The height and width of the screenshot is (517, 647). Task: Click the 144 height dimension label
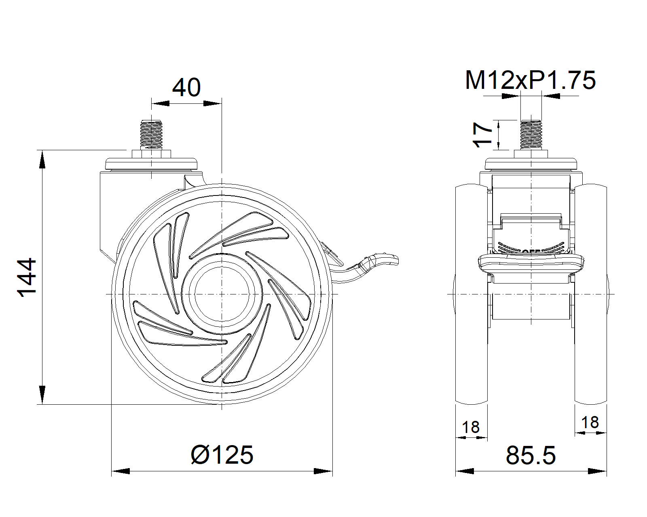[27, 277]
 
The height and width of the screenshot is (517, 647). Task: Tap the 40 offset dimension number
[186, 87]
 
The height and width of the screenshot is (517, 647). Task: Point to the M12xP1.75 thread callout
[531, 80]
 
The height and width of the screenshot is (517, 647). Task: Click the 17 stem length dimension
[482, 135]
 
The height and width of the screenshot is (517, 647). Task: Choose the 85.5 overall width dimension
[531, 456]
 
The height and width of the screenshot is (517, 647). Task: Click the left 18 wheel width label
[471, 427]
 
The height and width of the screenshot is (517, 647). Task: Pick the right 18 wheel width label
[590, 422]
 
